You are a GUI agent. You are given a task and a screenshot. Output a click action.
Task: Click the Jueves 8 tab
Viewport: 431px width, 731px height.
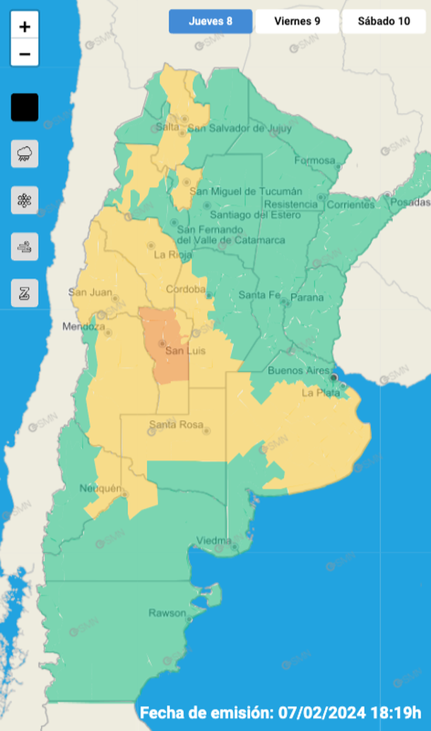(210, 21)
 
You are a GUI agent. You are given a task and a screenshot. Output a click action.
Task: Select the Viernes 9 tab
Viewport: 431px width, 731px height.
(297, 21)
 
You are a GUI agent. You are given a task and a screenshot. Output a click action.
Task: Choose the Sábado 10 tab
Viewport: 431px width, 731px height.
(384, 21)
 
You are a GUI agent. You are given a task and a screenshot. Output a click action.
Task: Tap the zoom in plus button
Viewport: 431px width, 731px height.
(25, 27)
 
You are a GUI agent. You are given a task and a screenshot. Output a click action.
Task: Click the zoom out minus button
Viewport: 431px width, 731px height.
(25, 54)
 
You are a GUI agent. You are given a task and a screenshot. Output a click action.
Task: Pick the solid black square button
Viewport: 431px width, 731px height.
(25, 107)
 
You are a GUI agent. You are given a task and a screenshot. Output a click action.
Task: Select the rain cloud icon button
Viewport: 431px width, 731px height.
(25, 153)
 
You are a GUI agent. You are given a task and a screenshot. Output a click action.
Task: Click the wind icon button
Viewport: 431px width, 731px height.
(25, 247)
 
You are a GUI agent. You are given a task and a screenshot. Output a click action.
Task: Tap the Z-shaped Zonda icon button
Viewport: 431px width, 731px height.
(25, 293)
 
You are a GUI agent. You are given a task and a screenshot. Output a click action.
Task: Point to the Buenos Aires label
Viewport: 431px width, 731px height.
(295, 370)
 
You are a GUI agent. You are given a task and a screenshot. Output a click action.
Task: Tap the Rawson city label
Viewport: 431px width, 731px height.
(167, 613)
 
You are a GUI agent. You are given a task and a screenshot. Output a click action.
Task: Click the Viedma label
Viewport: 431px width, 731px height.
(213, 541)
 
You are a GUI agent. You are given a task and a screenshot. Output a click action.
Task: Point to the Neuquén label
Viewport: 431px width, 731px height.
(102, 489)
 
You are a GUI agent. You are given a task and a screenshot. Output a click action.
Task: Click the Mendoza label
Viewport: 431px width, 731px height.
(83, 327)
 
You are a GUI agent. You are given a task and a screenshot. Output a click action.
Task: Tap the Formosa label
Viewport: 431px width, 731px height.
(314, 160)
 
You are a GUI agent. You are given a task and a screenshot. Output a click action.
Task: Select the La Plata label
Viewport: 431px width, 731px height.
(317, 392)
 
